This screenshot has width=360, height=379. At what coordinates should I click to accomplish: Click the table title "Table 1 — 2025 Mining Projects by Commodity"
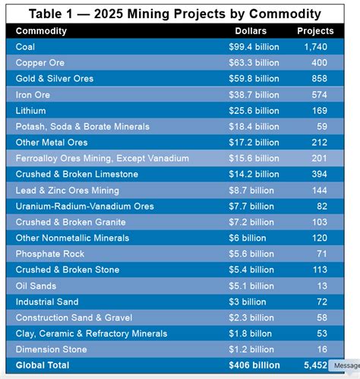[x=179, y=14]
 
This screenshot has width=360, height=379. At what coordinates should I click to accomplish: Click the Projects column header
[x=314, y=31]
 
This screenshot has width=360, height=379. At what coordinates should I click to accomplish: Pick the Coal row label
[x=25, y=47]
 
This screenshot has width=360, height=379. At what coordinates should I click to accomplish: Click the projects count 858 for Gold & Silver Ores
[x=318, y=79]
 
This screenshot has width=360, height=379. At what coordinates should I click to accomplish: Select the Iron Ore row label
[x=33, y=95]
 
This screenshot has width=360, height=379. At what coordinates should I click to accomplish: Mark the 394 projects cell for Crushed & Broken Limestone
[x=318, y=175]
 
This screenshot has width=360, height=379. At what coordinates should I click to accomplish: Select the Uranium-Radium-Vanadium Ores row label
[x=84, y=207]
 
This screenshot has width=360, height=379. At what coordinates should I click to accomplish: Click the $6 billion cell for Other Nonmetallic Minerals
[x=253, y=238]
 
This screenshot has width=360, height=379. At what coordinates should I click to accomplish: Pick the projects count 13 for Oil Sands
[x=321, y=286]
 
